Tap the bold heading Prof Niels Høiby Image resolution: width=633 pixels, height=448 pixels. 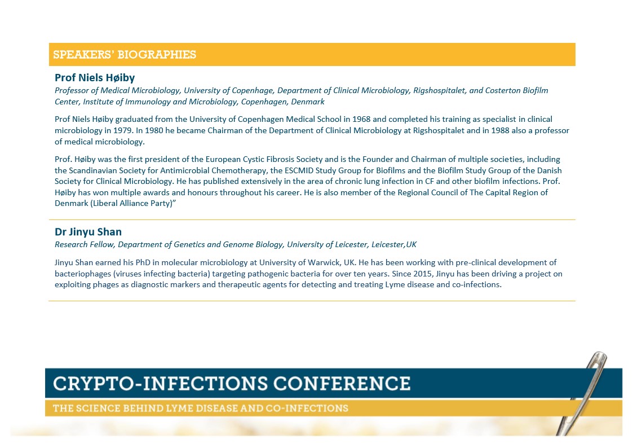pos(95,77)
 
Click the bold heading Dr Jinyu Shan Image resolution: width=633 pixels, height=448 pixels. pos(88,232)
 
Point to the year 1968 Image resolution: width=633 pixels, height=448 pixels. pos(361,119)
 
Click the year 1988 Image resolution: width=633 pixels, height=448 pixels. pos(500,130)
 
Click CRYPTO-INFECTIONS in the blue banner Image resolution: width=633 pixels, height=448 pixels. pos(160,383)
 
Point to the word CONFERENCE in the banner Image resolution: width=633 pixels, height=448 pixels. pos(342,383)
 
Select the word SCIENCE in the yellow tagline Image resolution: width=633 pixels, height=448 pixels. pos(101,408)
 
